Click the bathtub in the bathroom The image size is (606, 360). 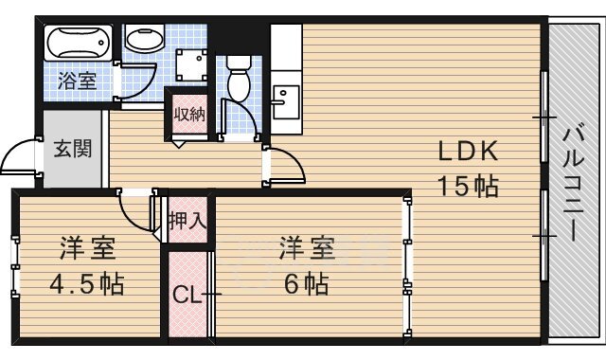click(79, 43)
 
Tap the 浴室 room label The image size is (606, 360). click(78, 81)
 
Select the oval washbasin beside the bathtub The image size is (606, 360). click(145, 40)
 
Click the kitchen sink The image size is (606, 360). click(286, 102)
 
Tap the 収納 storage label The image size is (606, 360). click(189, 114)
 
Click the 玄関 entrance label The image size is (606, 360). click(73, 149)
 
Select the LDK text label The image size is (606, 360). click(468, 152)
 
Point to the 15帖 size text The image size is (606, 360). click(468, 187)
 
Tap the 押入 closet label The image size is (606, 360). click(187, 221)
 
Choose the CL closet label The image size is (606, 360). click(187, 296)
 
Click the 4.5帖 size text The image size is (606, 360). click(86, 284)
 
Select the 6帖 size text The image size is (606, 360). click(307, 284)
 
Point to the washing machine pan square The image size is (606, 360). click(191, 65)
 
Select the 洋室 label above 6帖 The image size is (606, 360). click(307, 248)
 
